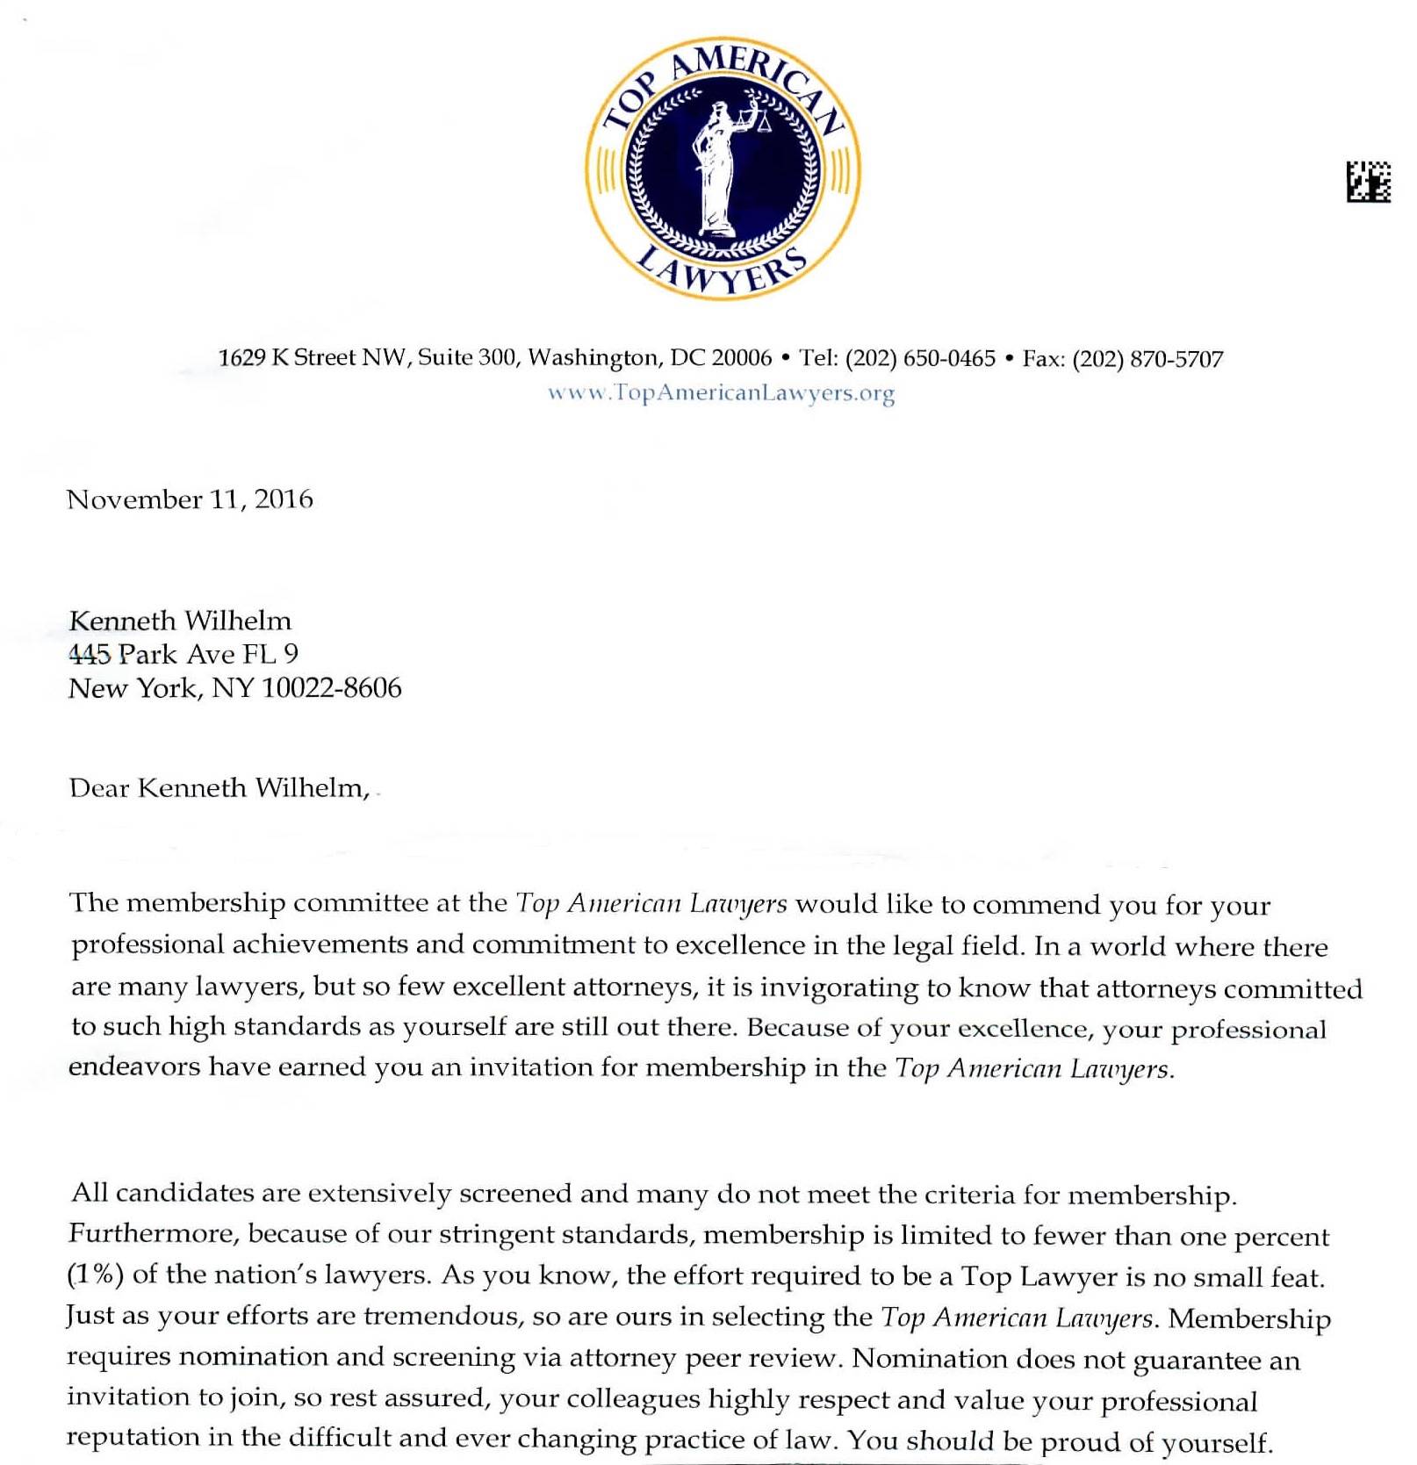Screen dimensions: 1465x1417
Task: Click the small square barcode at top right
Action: point(1368,182)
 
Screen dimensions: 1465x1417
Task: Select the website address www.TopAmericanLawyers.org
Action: point(721,392)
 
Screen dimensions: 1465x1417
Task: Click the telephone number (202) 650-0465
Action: point(920,358)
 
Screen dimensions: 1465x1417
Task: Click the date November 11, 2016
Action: point(190,499)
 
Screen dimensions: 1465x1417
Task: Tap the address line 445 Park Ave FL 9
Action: point(183,654)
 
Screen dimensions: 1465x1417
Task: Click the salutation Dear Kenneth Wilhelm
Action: point(219,787)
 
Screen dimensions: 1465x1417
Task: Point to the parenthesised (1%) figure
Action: point(95,1275)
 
